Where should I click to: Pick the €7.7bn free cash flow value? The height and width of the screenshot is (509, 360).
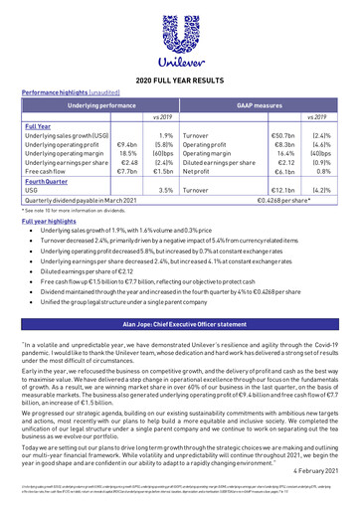tap(126, 172)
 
